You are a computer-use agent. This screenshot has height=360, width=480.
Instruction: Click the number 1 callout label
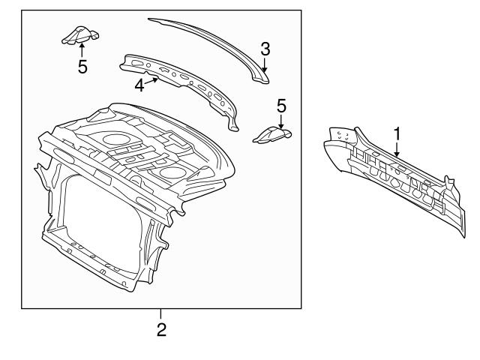coord(397,133)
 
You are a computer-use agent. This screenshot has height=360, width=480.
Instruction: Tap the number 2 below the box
coord(161,329)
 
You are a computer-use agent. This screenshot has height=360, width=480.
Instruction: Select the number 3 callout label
coord(265,49)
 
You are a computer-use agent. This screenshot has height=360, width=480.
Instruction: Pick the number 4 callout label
coord(139,85)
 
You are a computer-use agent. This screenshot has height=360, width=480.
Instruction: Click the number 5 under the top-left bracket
coord(82,67)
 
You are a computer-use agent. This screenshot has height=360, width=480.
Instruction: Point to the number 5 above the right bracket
coord(281,104)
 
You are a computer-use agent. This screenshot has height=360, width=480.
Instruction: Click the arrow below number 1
coord(397,150)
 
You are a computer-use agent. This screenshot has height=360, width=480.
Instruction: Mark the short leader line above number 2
coord(161,313)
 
